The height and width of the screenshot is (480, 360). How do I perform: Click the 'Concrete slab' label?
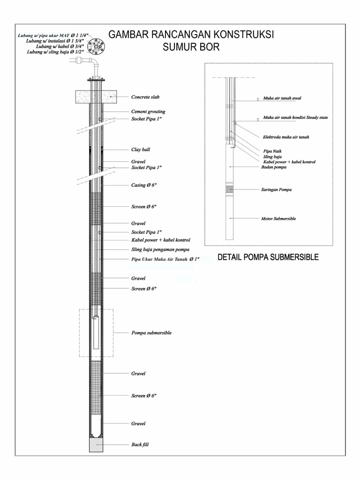coord(145,97)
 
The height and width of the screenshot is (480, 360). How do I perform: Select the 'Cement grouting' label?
coord(148,112)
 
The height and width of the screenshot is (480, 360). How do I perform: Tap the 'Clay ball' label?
coord(141,150)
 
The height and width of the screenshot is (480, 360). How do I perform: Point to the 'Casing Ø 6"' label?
coord(144,185)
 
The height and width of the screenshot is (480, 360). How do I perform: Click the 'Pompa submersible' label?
coord(151,333)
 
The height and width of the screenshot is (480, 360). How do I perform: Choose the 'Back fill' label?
coord(140,444)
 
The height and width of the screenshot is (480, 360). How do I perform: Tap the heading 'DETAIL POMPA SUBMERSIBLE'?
coord(268,257)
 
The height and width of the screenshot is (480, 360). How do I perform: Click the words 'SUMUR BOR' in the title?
coord(191,47)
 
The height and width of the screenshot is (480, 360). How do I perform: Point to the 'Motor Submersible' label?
coord(278,218)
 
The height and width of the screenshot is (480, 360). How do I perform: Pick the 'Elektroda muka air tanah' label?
coord(285,137)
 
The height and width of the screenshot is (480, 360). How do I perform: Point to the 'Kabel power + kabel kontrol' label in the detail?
coord(289,161)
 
